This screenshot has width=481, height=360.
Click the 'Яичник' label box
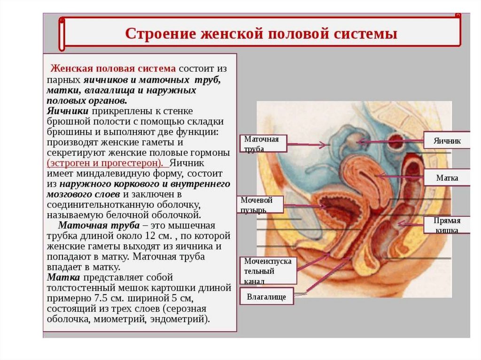(447, 140)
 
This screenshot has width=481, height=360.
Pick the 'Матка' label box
(447, 178)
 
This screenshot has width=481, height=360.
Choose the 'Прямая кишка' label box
(447, 225)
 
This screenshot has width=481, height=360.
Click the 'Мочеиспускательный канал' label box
(268, 271)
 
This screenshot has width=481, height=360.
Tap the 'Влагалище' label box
(266, 297)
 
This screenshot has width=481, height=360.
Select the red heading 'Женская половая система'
(113, 69)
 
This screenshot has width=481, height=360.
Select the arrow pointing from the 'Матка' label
(399, 177)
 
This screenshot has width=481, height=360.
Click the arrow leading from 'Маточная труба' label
(308, 145)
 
